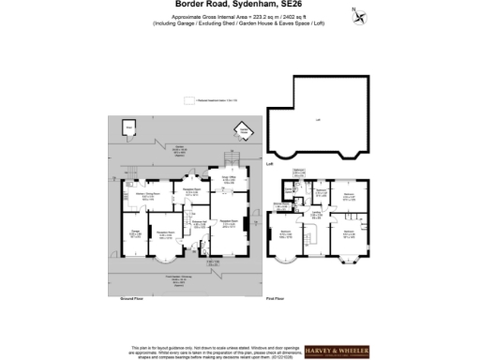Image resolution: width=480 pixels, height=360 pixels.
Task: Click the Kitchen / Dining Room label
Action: pos(148,194)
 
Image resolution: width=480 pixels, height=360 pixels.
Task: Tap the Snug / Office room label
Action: pos(228,176)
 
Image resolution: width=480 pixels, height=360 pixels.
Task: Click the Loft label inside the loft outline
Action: pos(318,120)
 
